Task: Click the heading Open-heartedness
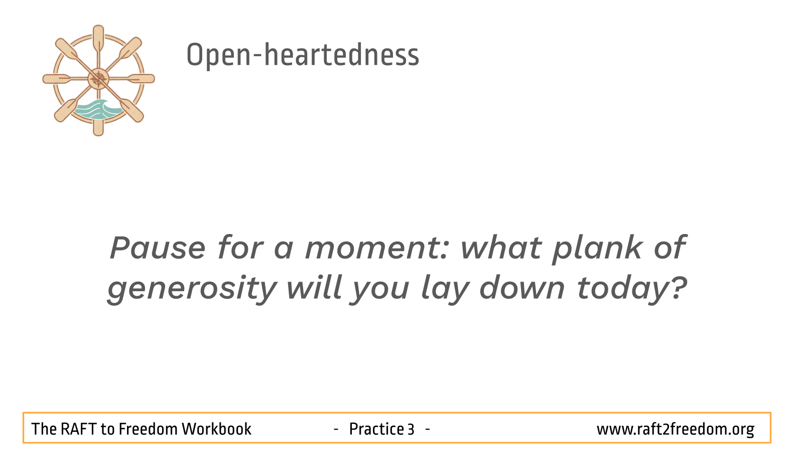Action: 303,55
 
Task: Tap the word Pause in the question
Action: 158,247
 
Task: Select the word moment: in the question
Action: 377,248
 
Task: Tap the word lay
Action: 445,289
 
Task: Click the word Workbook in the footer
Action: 216,429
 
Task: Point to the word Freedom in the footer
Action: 148,429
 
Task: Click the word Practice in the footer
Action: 376,429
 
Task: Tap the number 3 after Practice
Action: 411,429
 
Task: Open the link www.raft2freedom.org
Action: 676,429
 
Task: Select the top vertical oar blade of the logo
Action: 98,38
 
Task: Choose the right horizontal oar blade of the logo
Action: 141,79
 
